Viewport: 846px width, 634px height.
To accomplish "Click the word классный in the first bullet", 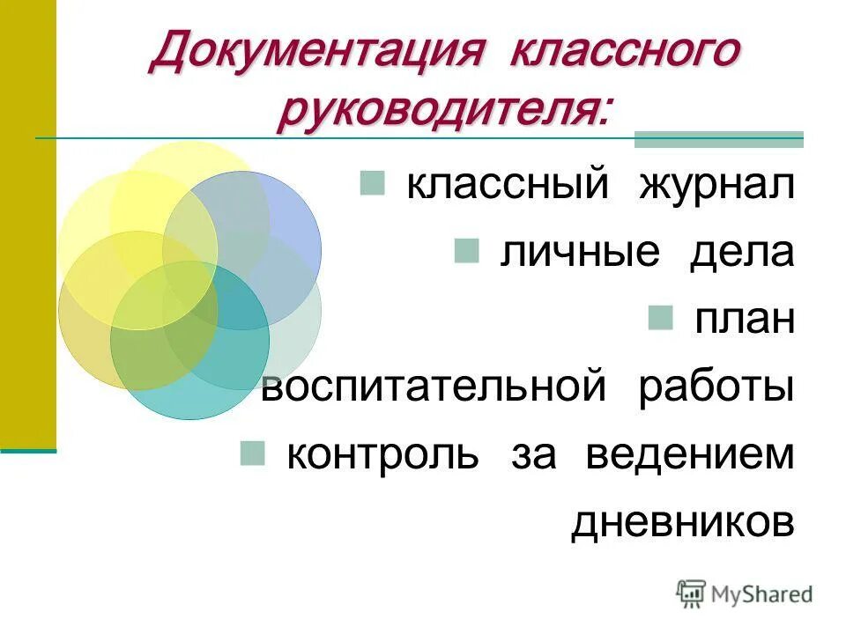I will point(508,186).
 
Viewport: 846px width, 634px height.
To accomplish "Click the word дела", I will point(743,253).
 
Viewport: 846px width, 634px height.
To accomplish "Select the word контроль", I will point(383,454).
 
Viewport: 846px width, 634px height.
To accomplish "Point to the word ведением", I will point(690,454).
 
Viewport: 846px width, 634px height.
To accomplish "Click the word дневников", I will point(683,522).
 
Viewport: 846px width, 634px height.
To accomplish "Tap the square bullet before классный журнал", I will point(372,183).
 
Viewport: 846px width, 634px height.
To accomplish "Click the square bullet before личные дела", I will point(467,251).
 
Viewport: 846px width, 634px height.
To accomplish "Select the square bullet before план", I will point(660,318).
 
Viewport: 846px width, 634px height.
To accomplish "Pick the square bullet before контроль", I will point(253,453).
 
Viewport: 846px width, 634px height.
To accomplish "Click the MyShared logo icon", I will point(691,594).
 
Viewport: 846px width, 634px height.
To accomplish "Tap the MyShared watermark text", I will point(761,595).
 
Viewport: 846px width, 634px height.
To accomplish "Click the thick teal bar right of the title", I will point(719,139).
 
